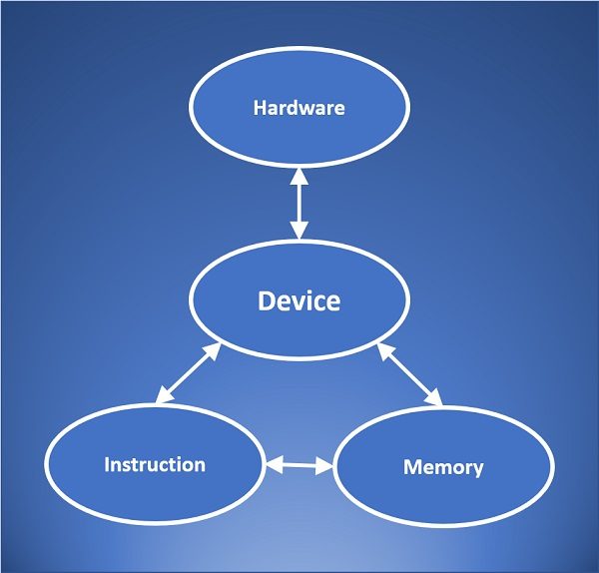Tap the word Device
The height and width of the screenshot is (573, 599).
click(299, 300)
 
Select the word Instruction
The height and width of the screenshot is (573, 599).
click(155, 464)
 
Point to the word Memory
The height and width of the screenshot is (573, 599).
click(442, 467)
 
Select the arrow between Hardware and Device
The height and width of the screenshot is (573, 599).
click(298, 204)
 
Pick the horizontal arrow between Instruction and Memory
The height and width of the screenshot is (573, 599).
click(299, 464)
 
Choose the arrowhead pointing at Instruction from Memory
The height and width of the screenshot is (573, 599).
click(273, 463)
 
